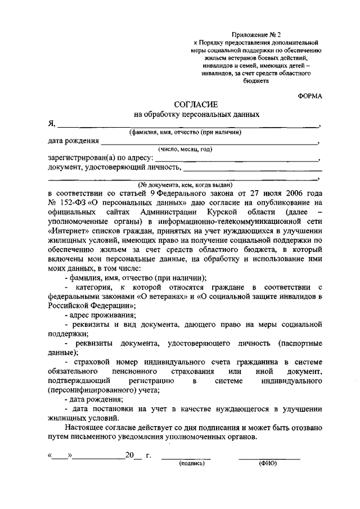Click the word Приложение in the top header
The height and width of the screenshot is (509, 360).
coord(249,34)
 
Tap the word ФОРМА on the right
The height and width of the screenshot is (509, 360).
coord(310,96)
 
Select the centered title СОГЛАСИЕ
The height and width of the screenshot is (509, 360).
coord(196,104)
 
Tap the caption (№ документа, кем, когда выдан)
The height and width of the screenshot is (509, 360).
coord(185,184)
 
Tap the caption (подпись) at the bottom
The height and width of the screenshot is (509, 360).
coord(192,464)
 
